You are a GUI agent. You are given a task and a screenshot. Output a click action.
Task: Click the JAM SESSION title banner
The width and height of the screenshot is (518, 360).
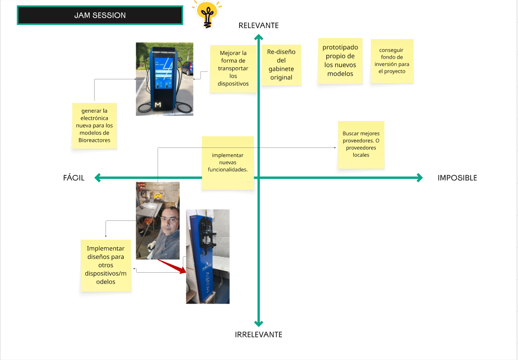[100, 16]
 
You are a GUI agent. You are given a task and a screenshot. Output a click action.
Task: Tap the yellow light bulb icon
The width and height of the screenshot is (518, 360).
[207, 14]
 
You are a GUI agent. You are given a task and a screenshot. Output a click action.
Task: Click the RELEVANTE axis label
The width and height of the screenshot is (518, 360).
[258, 25]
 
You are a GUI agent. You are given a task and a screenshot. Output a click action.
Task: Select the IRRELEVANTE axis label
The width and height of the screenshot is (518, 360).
[258, 334]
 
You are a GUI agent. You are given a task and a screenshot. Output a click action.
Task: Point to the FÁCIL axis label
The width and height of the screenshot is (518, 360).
[74, 178]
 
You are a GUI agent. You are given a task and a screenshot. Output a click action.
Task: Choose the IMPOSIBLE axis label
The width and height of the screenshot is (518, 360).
[457, 178]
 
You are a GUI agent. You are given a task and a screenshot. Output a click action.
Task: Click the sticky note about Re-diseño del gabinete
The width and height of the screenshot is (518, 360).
[281, 65]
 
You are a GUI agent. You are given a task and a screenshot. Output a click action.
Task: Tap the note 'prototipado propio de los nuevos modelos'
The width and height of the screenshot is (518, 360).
[340, 61]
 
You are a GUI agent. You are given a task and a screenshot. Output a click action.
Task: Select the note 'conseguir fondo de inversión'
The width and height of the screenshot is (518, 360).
[392, 61]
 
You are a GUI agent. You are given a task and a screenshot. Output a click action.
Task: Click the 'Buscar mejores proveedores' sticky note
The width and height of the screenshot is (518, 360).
[361, 144]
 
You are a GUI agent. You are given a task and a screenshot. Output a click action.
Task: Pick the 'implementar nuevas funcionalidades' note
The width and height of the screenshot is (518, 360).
[227, 163]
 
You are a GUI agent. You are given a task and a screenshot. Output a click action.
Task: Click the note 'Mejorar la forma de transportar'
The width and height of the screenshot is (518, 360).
[233, 68]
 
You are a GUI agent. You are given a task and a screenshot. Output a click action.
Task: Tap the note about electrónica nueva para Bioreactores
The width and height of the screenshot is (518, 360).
[94, 126]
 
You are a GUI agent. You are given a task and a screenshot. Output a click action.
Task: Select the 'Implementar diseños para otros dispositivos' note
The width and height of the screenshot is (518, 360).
[106, 265]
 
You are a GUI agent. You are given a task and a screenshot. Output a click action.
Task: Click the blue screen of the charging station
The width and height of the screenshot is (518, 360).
[164, 72]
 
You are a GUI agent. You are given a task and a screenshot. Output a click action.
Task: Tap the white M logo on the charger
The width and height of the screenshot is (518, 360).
[158, 104]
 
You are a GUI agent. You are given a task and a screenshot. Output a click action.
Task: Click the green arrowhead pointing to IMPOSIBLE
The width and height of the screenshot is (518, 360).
[420, 178]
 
